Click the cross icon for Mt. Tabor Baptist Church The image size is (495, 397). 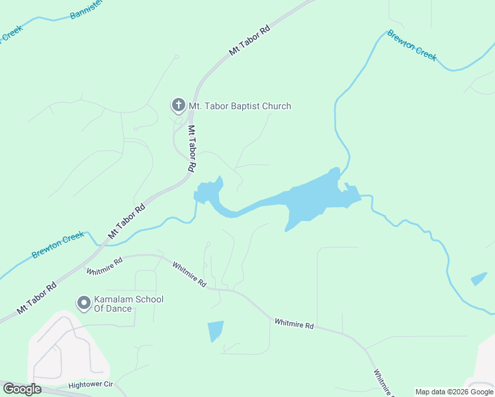177,105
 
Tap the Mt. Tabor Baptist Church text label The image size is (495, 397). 240,106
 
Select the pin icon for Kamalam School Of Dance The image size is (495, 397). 84,304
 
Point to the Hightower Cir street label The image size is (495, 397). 91,384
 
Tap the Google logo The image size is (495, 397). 22,389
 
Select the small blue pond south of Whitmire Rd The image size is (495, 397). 215,330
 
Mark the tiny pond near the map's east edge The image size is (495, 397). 478,279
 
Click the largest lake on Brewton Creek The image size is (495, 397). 311,198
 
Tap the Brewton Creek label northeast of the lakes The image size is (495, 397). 412,45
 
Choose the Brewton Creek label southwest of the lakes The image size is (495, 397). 58,245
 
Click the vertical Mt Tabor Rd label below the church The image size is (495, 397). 191,149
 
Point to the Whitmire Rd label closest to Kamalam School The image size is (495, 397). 105,267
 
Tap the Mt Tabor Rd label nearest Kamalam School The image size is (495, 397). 36,298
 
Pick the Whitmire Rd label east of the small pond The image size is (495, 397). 294,324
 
